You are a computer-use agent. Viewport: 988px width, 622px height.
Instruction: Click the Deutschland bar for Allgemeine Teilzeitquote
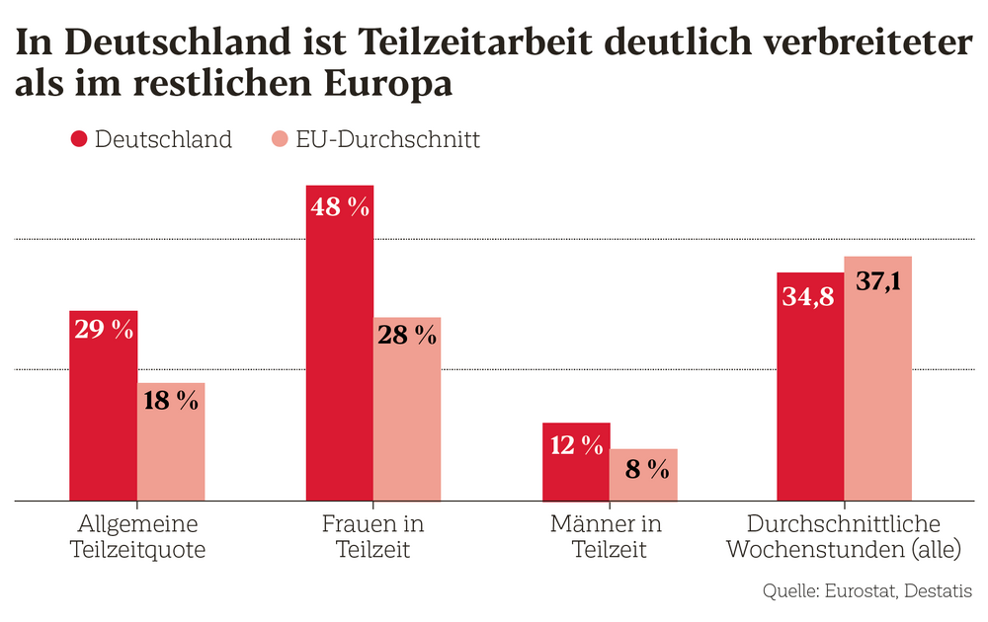pyautogui.click(x=103, y=415)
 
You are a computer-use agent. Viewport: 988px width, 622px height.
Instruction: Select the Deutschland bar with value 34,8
pyautogui.click(x=809, y=395)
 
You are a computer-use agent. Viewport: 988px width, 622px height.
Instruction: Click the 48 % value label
pyautogui.click(x=339, y=207)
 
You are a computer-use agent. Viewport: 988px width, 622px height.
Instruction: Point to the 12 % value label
pyautogui.click(x=576, y=445)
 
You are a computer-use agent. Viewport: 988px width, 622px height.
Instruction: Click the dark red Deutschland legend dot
pyautogui.click(x=79, y=139)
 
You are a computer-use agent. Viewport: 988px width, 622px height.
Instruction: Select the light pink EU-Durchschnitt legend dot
pyautogui.click(x=280, y=139)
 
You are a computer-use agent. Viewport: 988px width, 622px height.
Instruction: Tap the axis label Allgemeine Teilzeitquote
pyautogui.click(x=137, y=536)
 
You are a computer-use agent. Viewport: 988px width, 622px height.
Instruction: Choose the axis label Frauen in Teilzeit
pyautogui.click(x=372, y=536)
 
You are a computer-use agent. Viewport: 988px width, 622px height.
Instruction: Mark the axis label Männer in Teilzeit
pyautogui.click(x=609, y=536)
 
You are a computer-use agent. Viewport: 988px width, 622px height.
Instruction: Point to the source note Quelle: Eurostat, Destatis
pyautogui.click(x=866, y=591)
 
